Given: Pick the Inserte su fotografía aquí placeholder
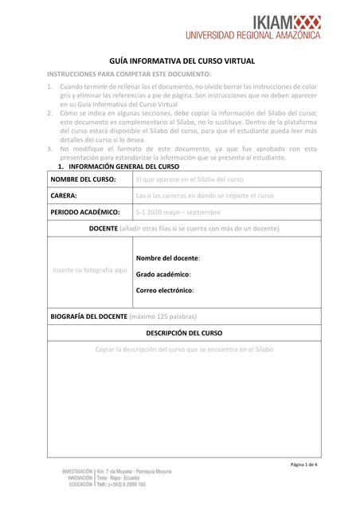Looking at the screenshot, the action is click(89, 270).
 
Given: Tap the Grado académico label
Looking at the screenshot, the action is click(163, 274).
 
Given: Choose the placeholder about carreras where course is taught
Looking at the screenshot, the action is click(205, 195).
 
